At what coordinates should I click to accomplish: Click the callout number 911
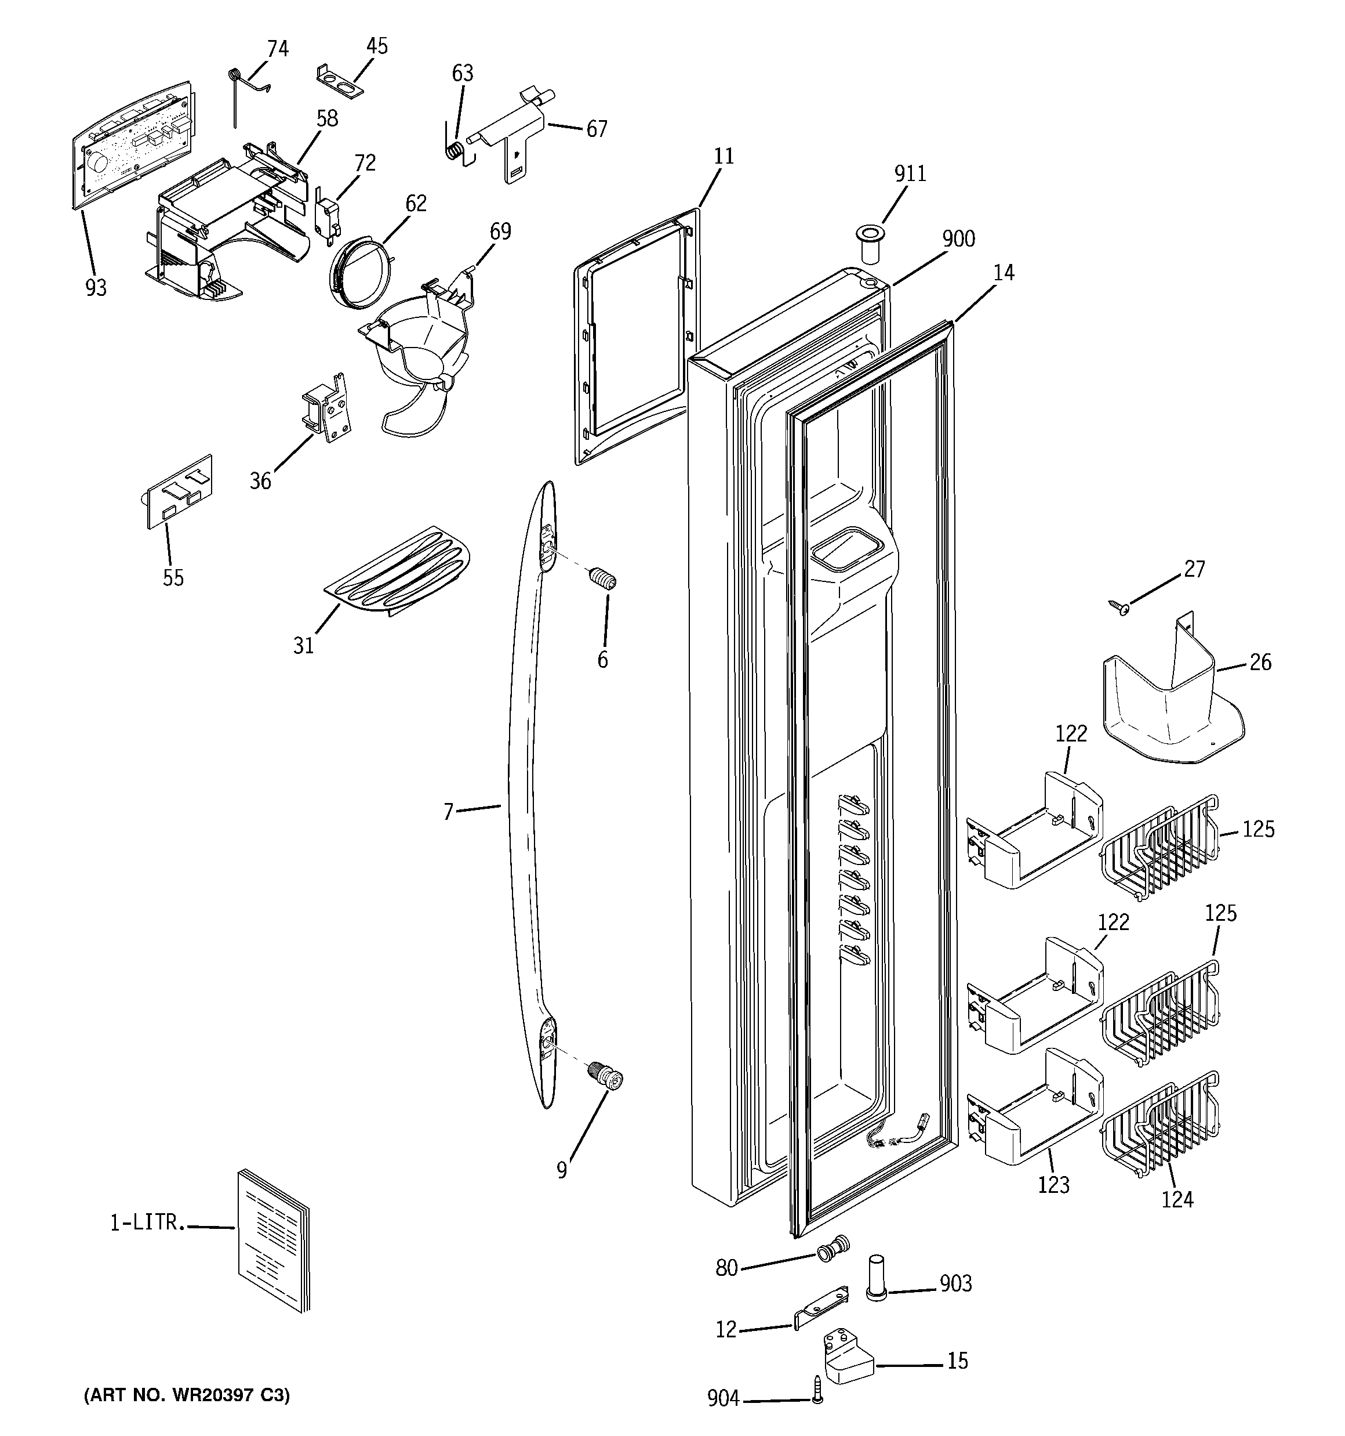pos(910,173)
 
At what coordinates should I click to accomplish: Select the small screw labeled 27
pos(1118,608)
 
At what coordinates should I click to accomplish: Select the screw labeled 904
pos(817,1398)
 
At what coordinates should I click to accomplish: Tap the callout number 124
pos(1177,1200)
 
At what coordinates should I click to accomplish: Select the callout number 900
pos(958,239)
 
